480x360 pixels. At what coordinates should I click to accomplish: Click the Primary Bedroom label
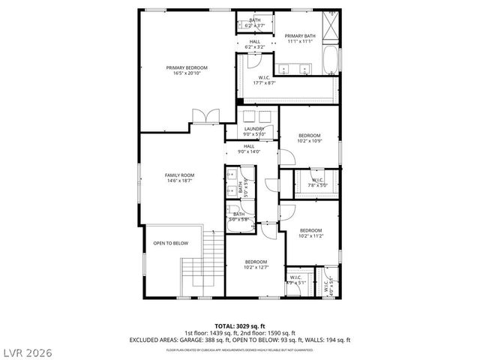point(187,70)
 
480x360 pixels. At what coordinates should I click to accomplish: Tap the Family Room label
point(179,178)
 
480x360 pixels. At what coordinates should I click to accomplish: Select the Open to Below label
point(171,243)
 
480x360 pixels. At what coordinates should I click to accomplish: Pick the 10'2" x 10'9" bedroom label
point(309,138)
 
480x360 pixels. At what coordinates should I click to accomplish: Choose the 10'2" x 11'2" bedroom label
point(310,232)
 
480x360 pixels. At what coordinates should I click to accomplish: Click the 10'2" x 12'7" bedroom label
point(256,264)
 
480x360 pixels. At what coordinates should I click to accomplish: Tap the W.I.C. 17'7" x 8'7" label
point(264,80)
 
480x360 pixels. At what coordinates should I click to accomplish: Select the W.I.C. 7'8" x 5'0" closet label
point(317,182)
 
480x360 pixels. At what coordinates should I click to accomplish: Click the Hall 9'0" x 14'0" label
point(249,148)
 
